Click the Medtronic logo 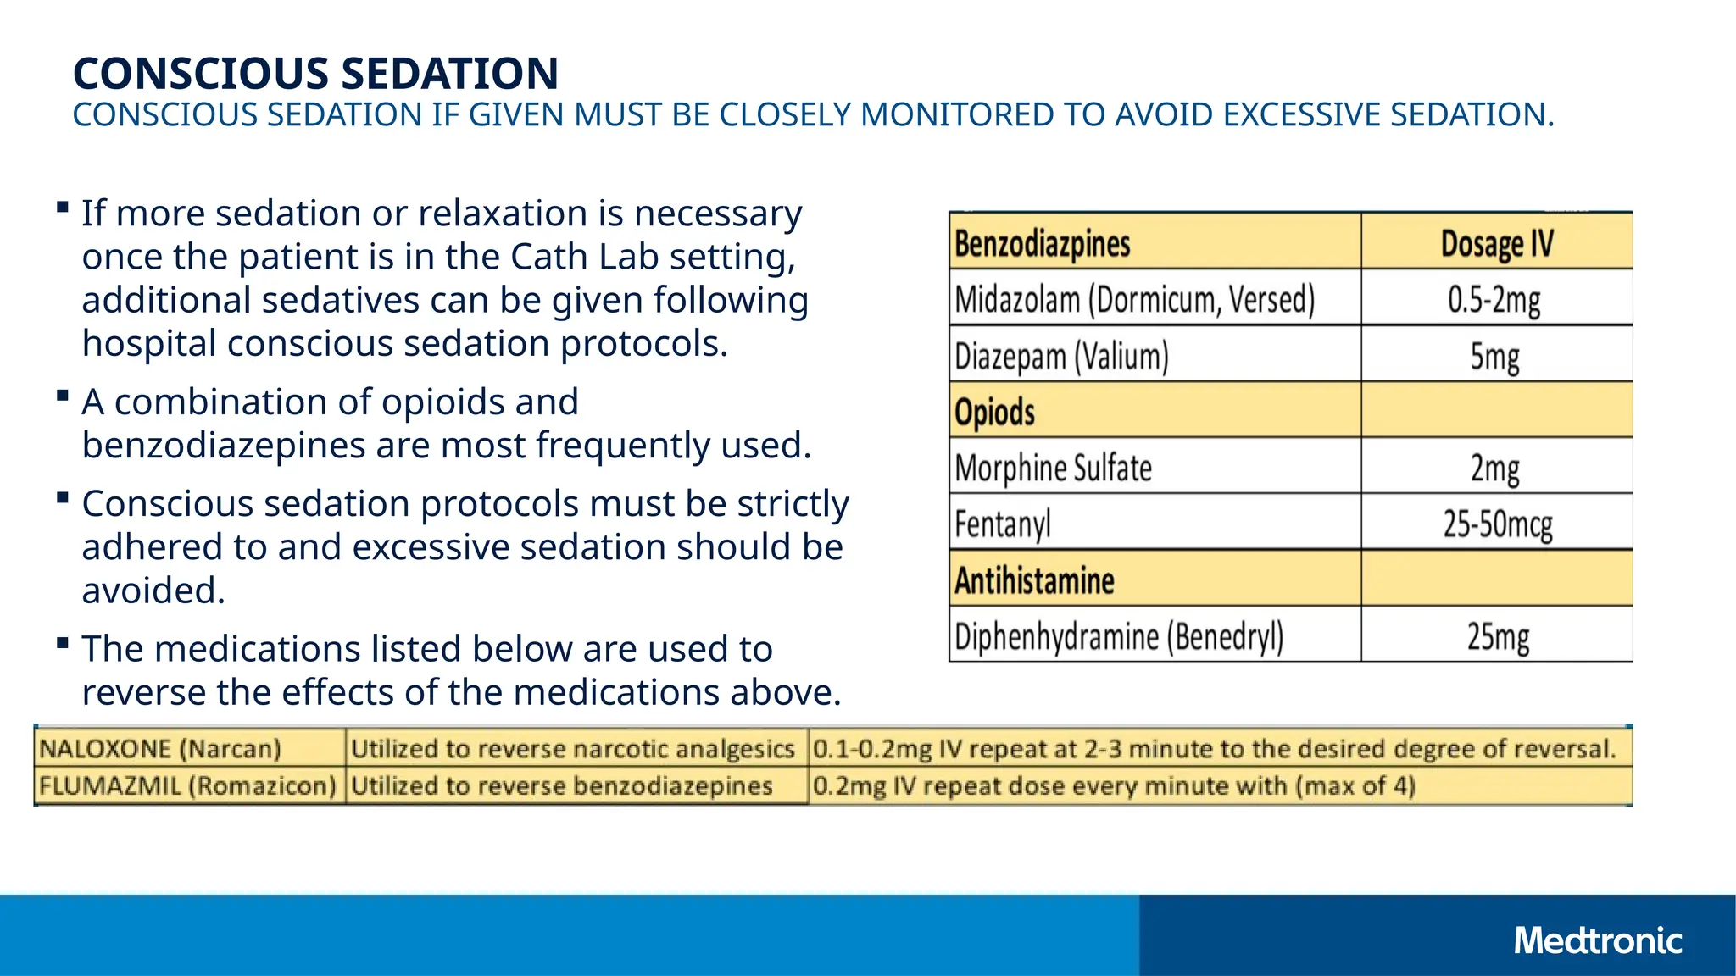pos(1597,940)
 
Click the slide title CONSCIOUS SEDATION pos(315,73)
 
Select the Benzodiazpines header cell pos(1042,243)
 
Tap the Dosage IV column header pos(1497,243)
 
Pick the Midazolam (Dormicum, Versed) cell pos(1134,299)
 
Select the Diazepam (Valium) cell pos(1061,356)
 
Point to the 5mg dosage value pos(1494,356)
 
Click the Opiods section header pos(994,412)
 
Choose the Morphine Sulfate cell pos(1053,468)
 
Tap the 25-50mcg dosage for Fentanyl pos(1498,524)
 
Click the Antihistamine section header pos(1034,580)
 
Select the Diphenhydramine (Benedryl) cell pos(1119,636)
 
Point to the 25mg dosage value pos(1498,636)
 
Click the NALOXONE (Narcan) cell pos(159,749)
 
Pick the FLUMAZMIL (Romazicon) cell pos(187,786)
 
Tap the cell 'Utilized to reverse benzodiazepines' pos(561,786)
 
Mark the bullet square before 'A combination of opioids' pos(62,396)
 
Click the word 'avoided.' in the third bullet pos(153,591)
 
